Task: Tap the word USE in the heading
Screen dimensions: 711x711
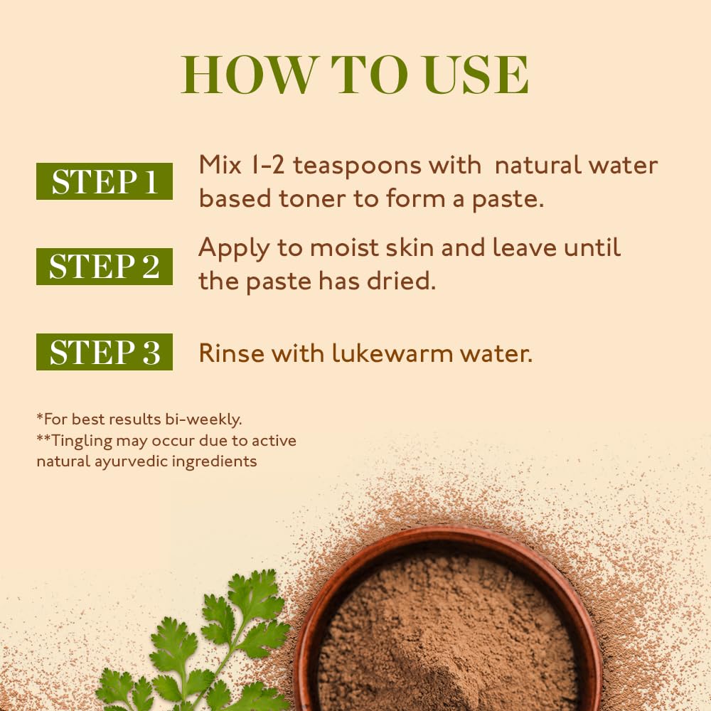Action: (x=476, y=75)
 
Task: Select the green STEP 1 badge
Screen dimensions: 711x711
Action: (x=105, y=181)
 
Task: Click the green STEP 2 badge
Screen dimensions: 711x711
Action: (x=105, y=267)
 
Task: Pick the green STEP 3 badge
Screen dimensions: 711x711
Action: (x=105, y=352)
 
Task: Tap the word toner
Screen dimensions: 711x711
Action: (x=312, y=198)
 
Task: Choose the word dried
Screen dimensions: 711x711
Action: (x=401, y=281)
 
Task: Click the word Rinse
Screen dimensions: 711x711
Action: (x=231, y=353)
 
